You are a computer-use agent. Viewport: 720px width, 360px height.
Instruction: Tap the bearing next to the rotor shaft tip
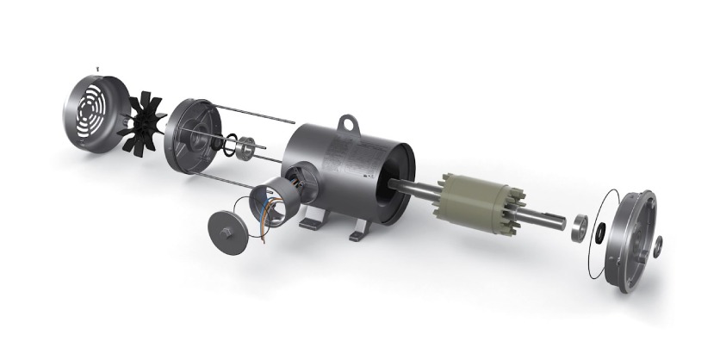click(582, 227)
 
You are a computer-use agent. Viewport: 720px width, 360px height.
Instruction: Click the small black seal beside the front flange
click(600, 228)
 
